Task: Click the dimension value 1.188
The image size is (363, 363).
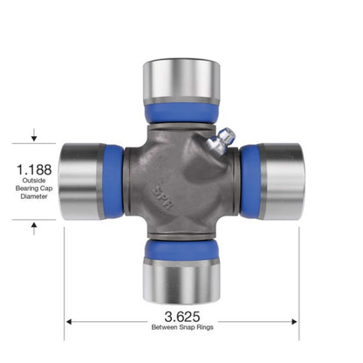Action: [x=34, y=168]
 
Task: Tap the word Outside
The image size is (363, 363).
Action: [x=34, y=181]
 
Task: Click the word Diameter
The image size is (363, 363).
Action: [x=34, y=197]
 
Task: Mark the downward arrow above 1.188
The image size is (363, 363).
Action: [x=34, y=136]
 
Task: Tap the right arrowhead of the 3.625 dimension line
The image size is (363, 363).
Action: [x=295, y=320]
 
